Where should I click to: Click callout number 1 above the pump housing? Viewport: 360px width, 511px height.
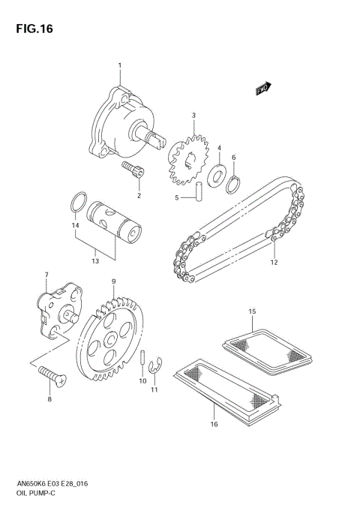point(119,68)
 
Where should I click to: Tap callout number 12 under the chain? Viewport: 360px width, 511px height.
point(274,263)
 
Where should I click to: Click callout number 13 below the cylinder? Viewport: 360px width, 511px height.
point(94,261)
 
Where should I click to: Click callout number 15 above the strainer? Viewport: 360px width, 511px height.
point(252,311)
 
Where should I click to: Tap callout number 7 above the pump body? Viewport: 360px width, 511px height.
point(46,275)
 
